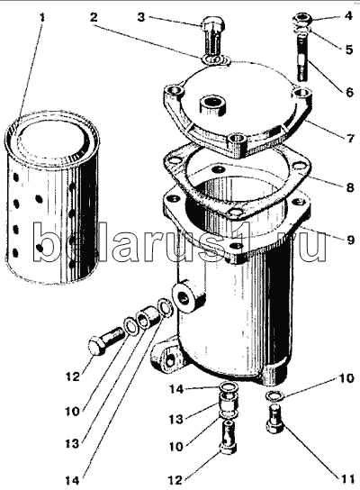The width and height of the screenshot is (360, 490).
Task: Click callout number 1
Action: click(x=41, y=16)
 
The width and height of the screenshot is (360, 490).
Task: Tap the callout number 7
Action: click(x=350, y=138)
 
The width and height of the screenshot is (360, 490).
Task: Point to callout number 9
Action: click(x=350, y=240)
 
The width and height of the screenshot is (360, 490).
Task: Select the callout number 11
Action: click(x=346, y=479)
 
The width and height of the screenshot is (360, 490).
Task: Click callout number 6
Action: click(x=349, y=92)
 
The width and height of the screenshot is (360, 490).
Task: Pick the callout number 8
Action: click(x=350, y=187)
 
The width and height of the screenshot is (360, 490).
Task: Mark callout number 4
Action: click(x=349, y=15)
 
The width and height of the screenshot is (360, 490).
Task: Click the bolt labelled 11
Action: click(x=275, y=418)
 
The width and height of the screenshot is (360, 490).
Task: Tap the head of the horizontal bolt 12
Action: click(x=97, y=346)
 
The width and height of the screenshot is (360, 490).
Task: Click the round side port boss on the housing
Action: click(x=184, y=297)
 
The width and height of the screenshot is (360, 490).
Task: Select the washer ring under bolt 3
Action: click(x=216, y=59)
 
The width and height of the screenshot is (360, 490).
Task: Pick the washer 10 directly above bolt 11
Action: click(x=274, y=395)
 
